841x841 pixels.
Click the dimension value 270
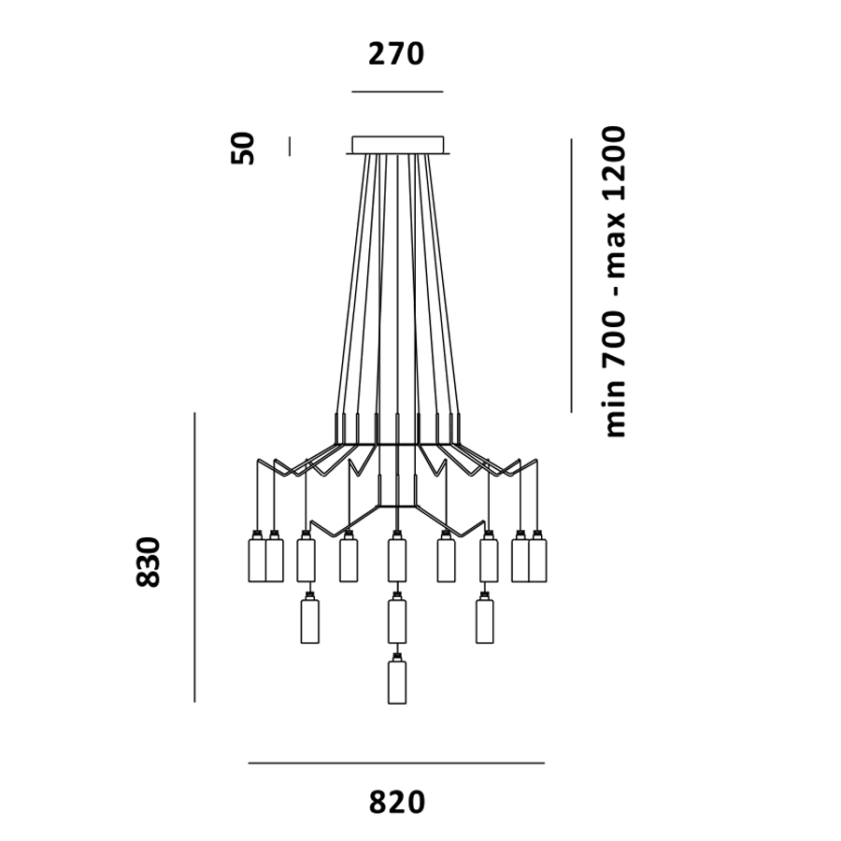[396, 54]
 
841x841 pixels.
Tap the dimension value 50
[243, 148]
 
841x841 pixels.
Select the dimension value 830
[149, 561]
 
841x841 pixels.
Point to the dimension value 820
[396, 803]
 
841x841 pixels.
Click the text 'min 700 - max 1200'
[615, 280]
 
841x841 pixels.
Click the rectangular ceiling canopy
[397, 144]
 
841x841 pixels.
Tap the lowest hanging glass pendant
[397, 681]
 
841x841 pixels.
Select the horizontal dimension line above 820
[396, 763]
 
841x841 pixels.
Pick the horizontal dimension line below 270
[397, 92]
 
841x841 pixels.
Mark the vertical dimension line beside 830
[194, 557]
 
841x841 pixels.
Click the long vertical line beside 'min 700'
[571, 276]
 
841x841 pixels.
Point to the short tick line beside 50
[290, 147]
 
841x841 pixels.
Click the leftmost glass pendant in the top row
[256, 559]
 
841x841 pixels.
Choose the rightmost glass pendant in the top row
[537, 559]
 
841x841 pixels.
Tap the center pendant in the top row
[397, 559]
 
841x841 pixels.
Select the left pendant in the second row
[310, 620]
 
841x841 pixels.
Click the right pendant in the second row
[484, 620]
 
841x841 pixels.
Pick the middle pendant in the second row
[397, 620]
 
